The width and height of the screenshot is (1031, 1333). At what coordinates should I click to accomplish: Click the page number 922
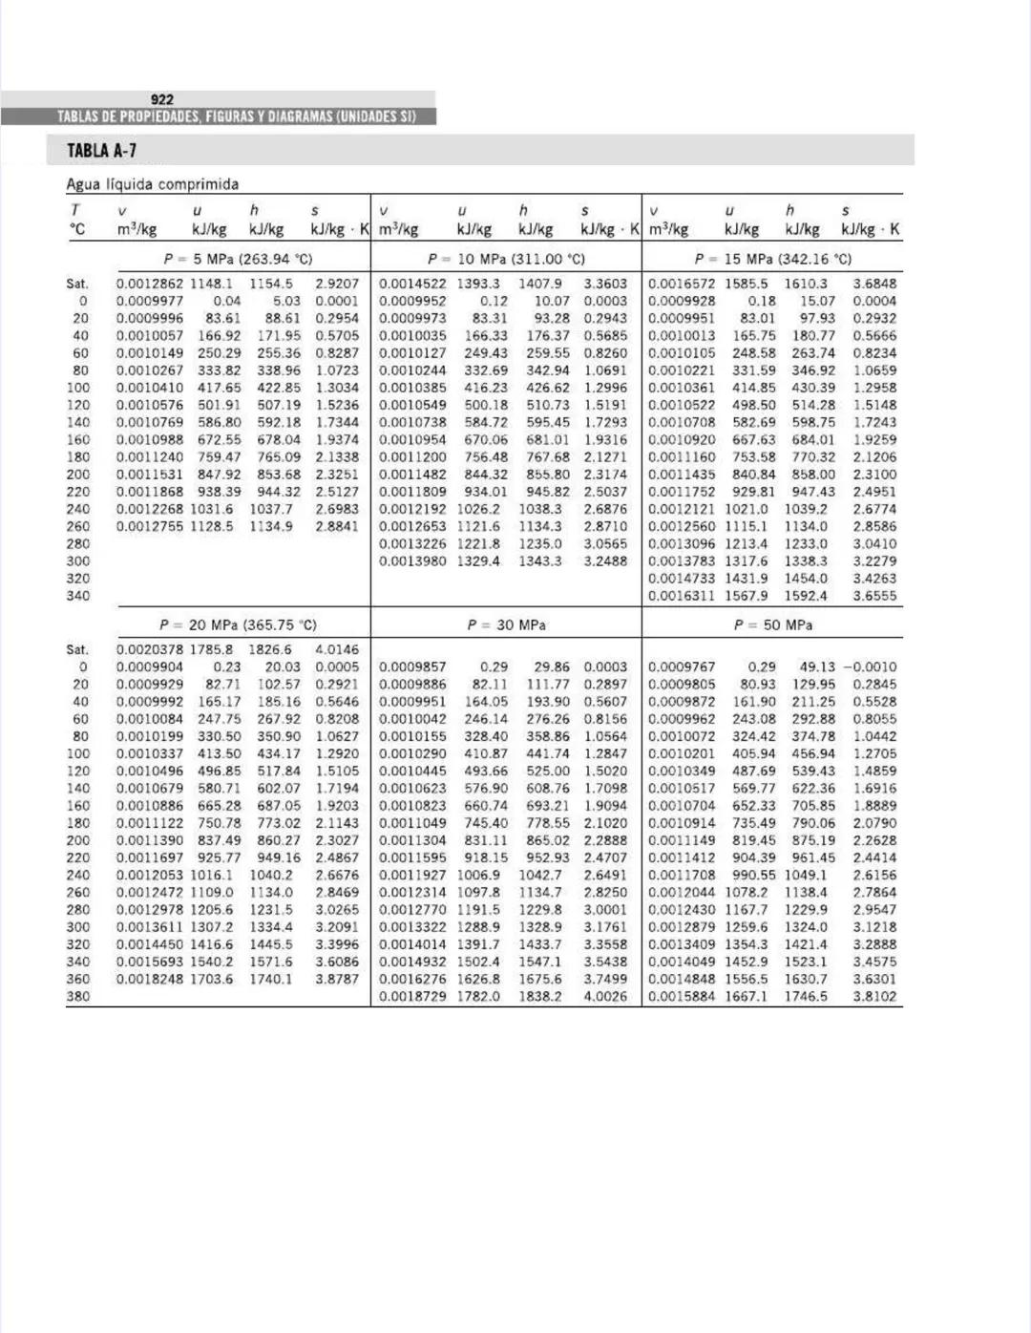coord(162,99)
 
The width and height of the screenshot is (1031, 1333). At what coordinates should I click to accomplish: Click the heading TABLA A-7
coord(101,151)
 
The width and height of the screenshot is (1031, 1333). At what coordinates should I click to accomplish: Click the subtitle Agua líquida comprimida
coord(153,184)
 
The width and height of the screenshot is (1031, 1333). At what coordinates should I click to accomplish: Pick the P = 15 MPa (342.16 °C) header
coord(773,259)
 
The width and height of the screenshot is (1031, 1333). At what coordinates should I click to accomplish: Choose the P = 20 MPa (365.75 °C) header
coord(239,624)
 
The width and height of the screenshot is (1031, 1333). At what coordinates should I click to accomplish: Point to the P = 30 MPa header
coord(506,624)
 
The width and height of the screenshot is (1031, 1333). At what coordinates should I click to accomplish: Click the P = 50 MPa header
coord(773,624)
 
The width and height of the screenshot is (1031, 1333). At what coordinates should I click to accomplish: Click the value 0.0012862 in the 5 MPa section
coord(150,284)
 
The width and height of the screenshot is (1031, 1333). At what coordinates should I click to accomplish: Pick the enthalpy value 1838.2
coord(540,996)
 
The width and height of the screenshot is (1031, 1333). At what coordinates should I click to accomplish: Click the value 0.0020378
coord(150,649)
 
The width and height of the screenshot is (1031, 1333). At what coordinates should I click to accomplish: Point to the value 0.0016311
coord(681,595)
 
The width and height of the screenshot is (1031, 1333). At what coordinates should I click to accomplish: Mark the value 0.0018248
coord(150,979)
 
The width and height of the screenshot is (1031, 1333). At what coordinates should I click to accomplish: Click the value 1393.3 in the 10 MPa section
coord(477,284)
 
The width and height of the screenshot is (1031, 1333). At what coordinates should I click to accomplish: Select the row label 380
coord(78,996)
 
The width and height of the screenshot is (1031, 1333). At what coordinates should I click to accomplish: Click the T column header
coord(75,210)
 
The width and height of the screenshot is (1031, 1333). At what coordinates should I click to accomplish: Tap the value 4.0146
coord(337,649)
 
